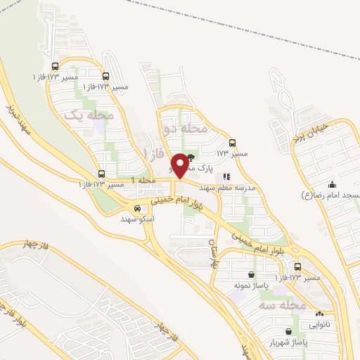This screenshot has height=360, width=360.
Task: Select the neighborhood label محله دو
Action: tap(186, 129)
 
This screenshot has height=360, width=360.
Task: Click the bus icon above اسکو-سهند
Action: tap(138, 208)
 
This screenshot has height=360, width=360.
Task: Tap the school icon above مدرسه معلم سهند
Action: tap(226, 177)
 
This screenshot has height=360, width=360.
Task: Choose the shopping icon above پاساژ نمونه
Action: tap(252, 275)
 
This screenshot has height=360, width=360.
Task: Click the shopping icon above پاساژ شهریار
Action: tap(288, 330)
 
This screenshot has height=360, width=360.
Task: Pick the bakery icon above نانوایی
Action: tap(319, 314)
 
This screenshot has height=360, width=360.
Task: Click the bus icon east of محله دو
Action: tap(233, 141)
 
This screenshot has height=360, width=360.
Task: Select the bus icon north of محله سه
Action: tap(297, 267)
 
